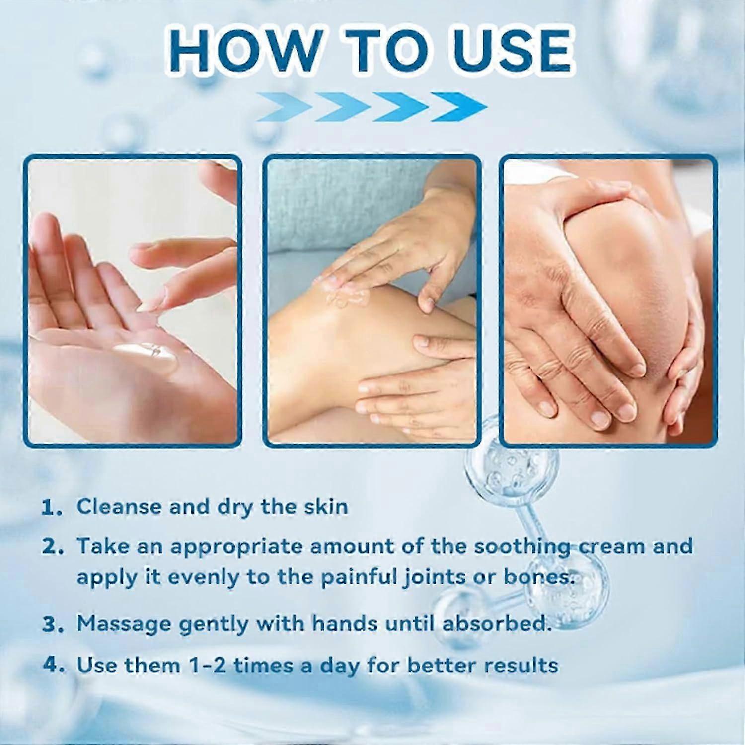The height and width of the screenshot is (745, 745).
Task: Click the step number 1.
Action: coord(51,508)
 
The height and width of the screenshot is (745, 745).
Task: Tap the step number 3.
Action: coord(53,624)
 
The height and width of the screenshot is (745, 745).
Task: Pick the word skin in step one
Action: coord(325,507)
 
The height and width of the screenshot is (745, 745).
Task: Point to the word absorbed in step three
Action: coord(496,623)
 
